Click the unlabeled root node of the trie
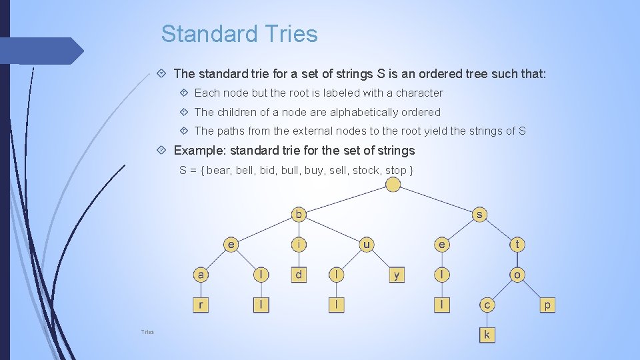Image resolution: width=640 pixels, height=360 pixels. (394, 184)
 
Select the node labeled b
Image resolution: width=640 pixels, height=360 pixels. (299, 214)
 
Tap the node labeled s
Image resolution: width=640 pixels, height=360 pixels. (479, 214)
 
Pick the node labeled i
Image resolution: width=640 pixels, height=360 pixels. (299, 244)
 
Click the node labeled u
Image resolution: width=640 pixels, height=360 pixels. (367, 244)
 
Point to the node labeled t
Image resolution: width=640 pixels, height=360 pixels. (517, 244)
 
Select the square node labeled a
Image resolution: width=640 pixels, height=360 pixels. (201, 275)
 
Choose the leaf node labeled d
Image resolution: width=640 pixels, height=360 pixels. (299, 275)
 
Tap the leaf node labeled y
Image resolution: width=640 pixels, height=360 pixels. (397, 275)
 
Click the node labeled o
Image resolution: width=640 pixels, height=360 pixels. (517, 275)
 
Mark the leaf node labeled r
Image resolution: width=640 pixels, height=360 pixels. (201, 305)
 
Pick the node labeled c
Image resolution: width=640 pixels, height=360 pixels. (487, 305)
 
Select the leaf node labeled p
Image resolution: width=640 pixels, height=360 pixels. (547, 305)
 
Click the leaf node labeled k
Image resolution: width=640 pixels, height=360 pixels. (487, 335)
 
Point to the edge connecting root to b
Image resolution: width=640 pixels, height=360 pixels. (347, 199)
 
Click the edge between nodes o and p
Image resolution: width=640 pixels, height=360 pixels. (533, 290)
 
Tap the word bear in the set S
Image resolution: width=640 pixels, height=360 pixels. (218, 170)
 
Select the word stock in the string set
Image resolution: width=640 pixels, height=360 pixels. (366, 170)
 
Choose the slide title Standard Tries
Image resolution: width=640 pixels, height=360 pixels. (239, 33)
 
